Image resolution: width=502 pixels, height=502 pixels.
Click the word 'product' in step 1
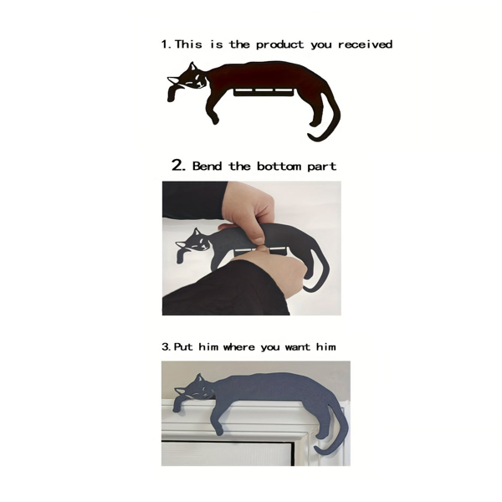click(x=279, y=44)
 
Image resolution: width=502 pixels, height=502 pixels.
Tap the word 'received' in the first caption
click(x=366, y=44)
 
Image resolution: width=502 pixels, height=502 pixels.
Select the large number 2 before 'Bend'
click(x=178, y=165)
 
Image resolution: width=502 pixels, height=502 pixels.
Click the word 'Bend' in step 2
click(x=207, y=166)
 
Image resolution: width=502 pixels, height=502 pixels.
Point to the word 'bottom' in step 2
click(x=279, y=166)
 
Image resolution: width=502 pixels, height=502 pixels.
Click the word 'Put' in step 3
click(x=183, y=346)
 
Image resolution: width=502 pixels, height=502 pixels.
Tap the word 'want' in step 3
click(x=297, y=347)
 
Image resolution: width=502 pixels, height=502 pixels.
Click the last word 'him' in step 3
click(x=326, y=346)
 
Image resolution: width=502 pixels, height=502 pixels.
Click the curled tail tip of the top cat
click(x=312, y=136)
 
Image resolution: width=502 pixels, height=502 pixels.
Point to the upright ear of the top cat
click(x=192, y=66)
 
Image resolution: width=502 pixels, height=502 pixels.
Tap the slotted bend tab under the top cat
click(x=263, y=91)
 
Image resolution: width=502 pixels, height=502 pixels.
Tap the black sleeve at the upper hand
click(x=195, y=200)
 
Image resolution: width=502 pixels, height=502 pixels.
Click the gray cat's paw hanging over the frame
click(x=177, y=405)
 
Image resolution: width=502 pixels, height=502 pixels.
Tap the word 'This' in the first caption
click(x=188, y=44)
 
